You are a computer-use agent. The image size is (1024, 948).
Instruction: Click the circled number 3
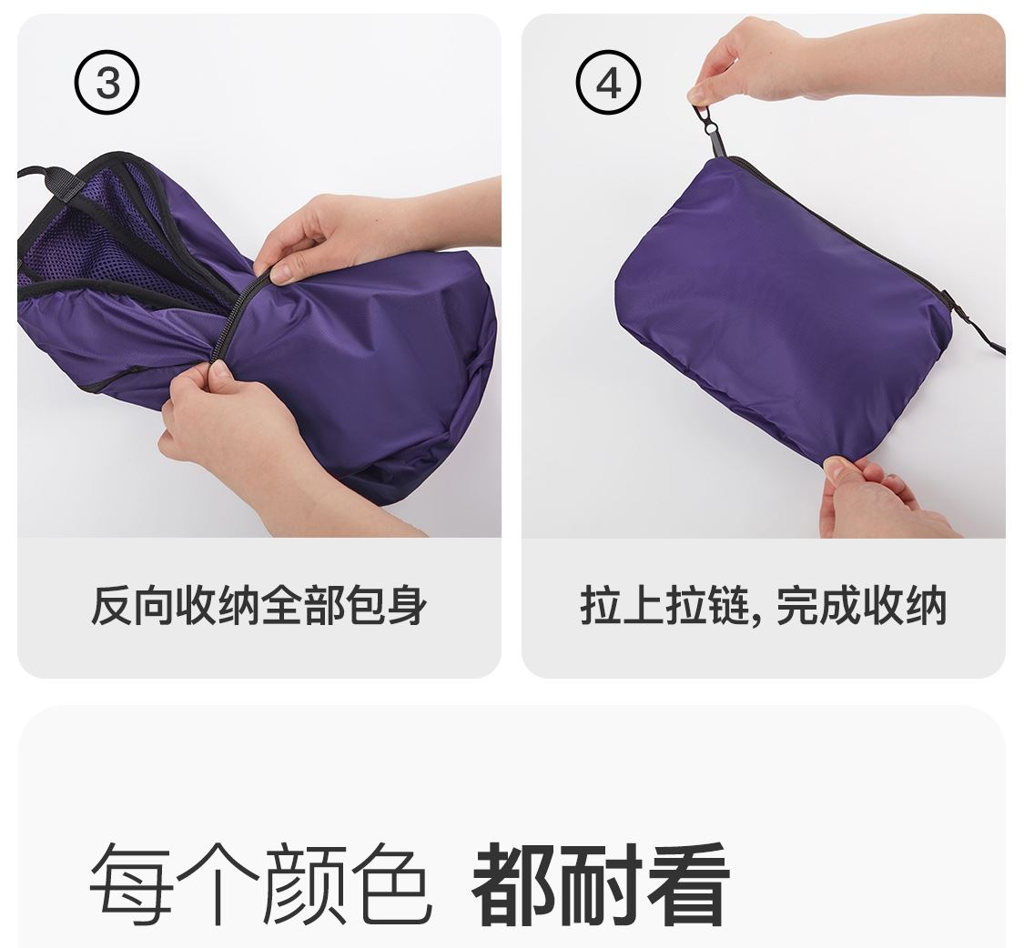pyautogui.click(x=107, y=84)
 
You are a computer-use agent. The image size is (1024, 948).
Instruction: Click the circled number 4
pyautogui.click(x=608, y=84)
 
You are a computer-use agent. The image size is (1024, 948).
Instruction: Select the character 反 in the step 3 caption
pyautogui.click(x=111, y=606)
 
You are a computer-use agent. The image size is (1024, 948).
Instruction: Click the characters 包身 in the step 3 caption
pyautogui.click(x=385, y=606)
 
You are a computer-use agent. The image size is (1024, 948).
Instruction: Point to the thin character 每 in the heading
pyautogui.click(x=130, y=883)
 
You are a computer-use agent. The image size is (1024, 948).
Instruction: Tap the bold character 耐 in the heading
pyautogui.click(x=600, y=883)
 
